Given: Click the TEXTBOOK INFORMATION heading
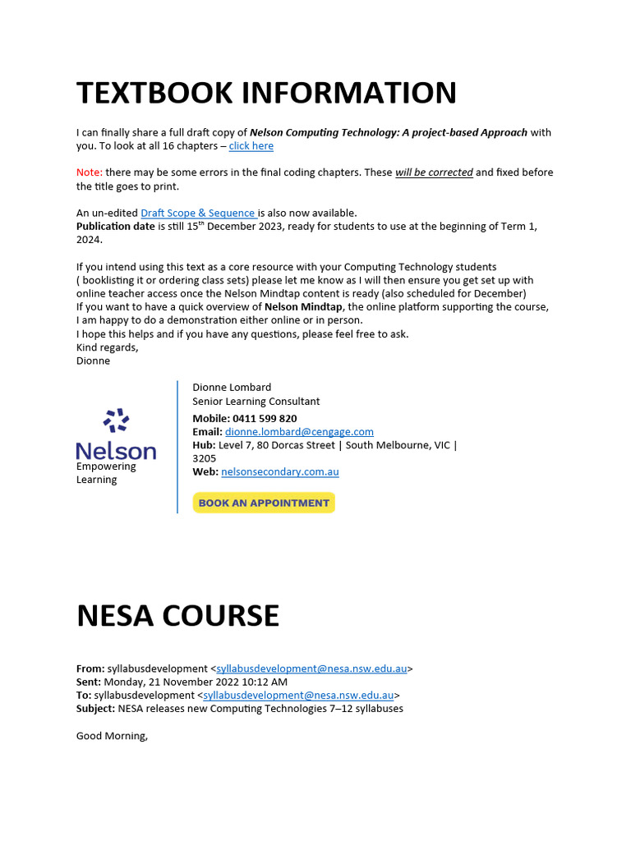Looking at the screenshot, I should tap(266, 93).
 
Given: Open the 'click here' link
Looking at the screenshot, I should tap(251, 146).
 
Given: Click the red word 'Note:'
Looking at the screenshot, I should tap(90, 172).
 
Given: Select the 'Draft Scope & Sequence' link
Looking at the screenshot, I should tap(198, 213).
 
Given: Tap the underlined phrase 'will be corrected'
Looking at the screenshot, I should tap(434, 172).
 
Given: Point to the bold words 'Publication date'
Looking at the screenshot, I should tap(116, 226).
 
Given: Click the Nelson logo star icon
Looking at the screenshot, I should tap(116, 420).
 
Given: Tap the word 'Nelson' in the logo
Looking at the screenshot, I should tap(116, 451).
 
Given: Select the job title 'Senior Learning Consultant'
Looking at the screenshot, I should tap(256, 402).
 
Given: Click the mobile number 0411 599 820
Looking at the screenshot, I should tap(265, 418).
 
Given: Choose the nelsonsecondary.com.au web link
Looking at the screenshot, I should tap(279, 471).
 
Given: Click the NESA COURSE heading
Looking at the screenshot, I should tap(177, 615).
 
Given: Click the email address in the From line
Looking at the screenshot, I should tap(311, 669).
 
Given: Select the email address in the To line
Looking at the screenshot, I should tap(298, 695).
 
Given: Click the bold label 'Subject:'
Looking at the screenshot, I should tap(96, 708).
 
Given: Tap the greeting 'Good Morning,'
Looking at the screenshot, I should tap(112, 735).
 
